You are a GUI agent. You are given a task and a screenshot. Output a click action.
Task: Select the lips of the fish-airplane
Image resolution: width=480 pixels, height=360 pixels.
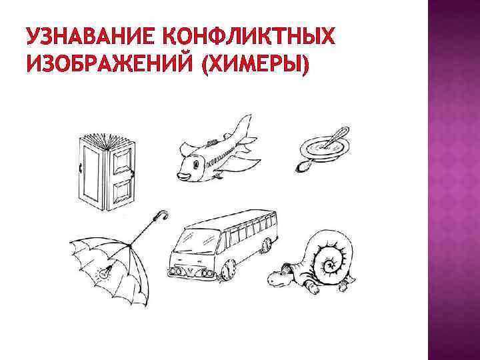tap(181, 176)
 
